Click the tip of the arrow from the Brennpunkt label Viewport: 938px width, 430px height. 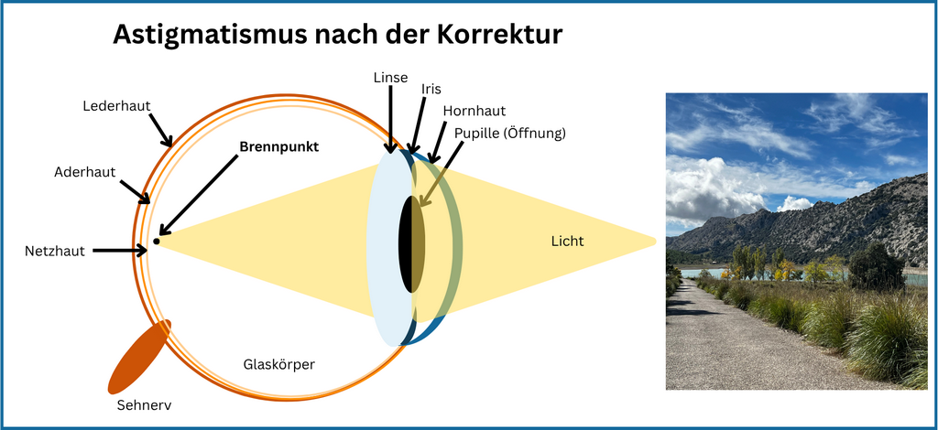click(x=159, y=235)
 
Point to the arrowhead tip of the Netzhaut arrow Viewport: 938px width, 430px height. click(x=147, y=251)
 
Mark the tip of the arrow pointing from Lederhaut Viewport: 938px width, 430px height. click(x=171, y=145)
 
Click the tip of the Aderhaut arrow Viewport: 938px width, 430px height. click(x=149, y=203)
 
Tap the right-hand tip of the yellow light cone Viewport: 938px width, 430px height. click(x=657, y=241)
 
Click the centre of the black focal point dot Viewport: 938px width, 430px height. click(x=156, y=242)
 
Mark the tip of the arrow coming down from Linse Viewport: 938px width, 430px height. click(x=390, y=153)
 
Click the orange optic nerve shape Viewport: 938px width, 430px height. click(x=139, y=357)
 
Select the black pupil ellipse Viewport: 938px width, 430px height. click(x=411, y=244)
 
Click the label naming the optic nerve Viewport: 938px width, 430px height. click(x=144, y=405)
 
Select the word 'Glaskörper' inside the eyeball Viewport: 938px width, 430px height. click(x=278, y=364)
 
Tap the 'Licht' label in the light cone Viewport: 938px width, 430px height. click(x=567, y=242)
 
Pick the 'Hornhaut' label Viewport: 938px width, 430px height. click(x=474, y=111)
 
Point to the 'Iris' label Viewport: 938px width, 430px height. click(x=431, y=89)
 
